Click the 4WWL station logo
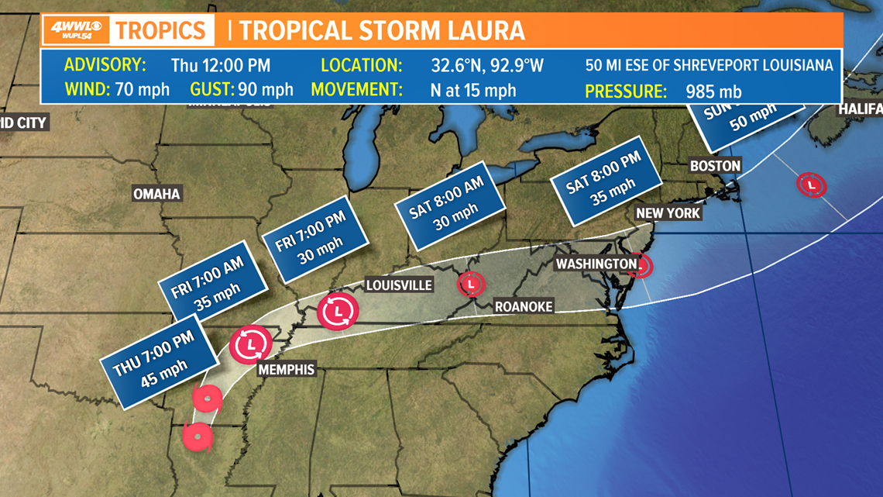click(75, 32)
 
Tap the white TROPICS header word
click(161, 31)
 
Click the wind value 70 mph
click(142, 90)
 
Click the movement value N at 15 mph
click(473, 90)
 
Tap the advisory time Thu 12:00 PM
click(221, 65)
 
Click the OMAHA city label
click(156, 194)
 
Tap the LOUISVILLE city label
click(399, 285)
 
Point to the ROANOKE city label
click(524, 307)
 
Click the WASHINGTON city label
click(596, 264)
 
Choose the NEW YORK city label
click(668, 213)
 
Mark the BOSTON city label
click(716, 165)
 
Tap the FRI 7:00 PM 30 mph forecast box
click(314, 242)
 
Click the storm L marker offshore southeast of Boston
click(811, 185)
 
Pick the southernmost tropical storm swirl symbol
click(198, 437)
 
